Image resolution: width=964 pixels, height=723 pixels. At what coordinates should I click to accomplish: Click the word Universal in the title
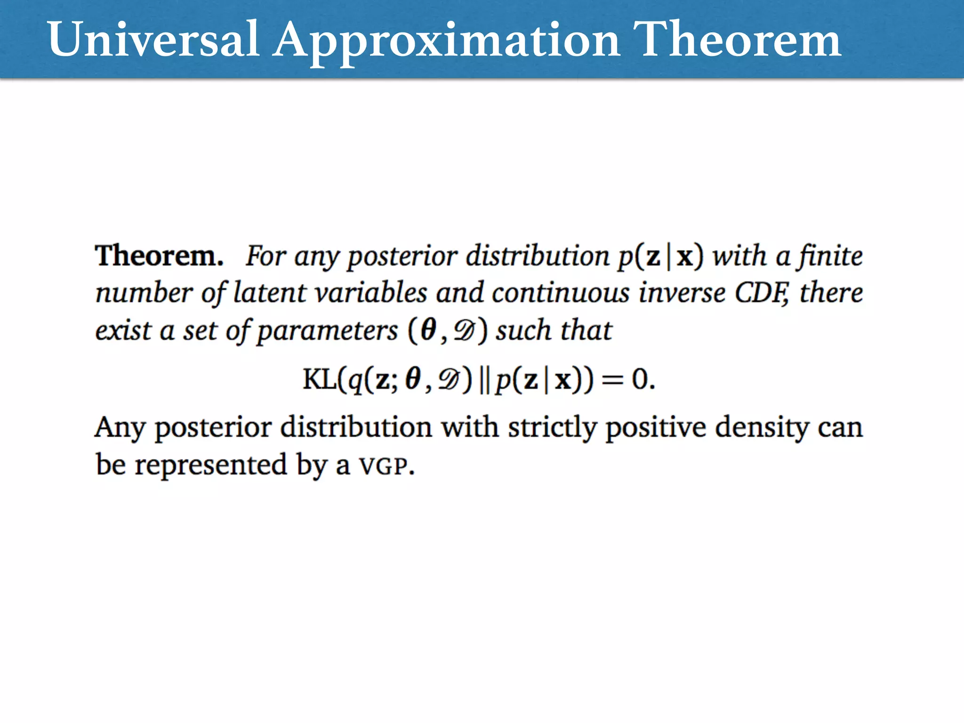pyautogui.click(x=153, y=40)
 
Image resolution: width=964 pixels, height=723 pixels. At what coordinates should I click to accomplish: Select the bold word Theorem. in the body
pyautogui.click(x=159, y=256)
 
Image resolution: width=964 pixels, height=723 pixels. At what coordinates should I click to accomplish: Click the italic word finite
pyautogui.click(x=829, y=256)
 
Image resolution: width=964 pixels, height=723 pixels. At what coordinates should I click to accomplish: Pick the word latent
pyautogui.click(x=270, y=293)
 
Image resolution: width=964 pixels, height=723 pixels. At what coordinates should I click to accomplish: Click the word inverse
pyautogui.click(x=682, y=293)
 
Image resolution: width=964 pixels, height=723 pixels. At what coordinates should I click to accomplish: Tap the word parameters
pyautogui.click(x=328, y=331)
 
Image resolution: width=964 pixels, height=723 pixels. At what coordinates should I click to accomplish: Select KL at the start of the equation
pyautogui.click(x=319, y=379)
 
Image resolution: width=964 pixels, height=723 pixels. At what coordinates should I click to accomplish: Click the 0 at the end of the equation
pyautogui.click(x=640, y=379)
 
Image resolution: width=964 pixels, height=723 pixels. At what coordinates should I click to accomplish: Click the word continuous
pyautogui.click(x=561, y=293)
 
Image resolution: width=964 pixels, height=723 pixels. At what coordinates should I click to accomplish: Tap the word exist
pyautogui.click(x=123, y=330)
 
